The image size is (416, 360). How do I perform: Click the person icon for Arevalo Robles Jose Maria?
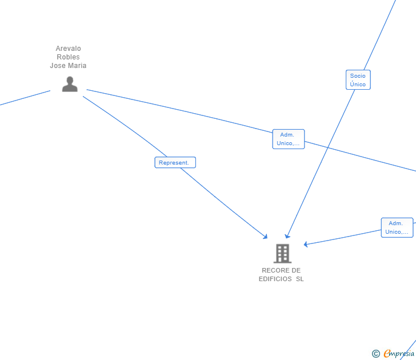point(70,84)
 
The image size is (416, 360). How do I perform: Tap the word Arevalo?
point(68,49)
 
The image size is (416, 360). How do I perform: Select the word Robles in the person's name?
point(68,57)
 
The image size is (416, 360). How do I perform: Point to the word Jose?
point(58,66)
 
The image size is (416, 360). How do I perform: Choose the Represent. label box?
point(175,163)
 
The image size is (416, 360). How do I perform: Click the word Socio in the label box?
point(358,76)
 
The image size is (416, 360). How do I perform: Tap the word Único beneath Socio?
point(358,85)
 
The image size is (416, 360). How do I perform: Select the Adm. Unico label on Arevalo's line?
point(288,139)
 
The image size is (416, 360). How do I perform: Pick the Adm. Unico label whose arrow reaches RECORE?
point(397,227)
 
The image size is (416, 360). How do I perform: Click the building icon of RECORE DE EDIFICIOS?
point(282,253)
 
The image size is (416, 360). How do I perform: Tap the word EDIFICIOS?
point(275,279)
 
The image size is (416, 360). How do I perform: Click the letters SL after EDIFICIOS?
point(299,279)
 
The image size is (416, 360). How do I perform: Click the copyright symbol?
point(375,354)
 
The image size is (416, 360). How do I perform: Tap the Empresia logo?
point(399,354)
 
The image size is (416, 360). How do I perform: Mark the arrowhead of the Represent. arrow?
point(266,237)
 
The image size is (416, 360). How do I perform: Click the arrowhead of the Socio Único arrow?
point(287,236)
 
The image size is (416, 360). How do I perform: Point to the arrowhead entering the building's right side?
point(306,245)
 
